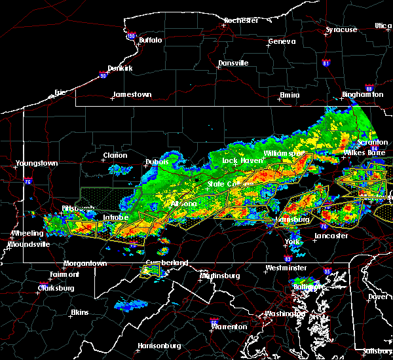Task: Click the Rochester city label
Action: click(240, 20)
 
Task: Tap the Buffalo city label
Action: click(150, 41)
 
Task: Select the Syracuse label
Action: click(341, 30)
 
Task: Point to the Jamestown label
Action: click(132, 94)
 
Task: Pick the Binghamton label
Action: click(362, 95)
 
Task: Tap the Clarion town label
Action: click(115, 156)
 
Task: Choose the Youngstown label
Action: click(37, 163)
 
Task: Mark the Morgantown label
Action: click(84, 263)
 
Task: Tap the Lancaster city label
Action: click(331, 236)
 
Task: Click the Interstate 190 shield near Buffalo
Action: click(131, 37)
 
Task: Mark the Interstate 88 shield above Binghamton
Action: click(369, 88)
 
